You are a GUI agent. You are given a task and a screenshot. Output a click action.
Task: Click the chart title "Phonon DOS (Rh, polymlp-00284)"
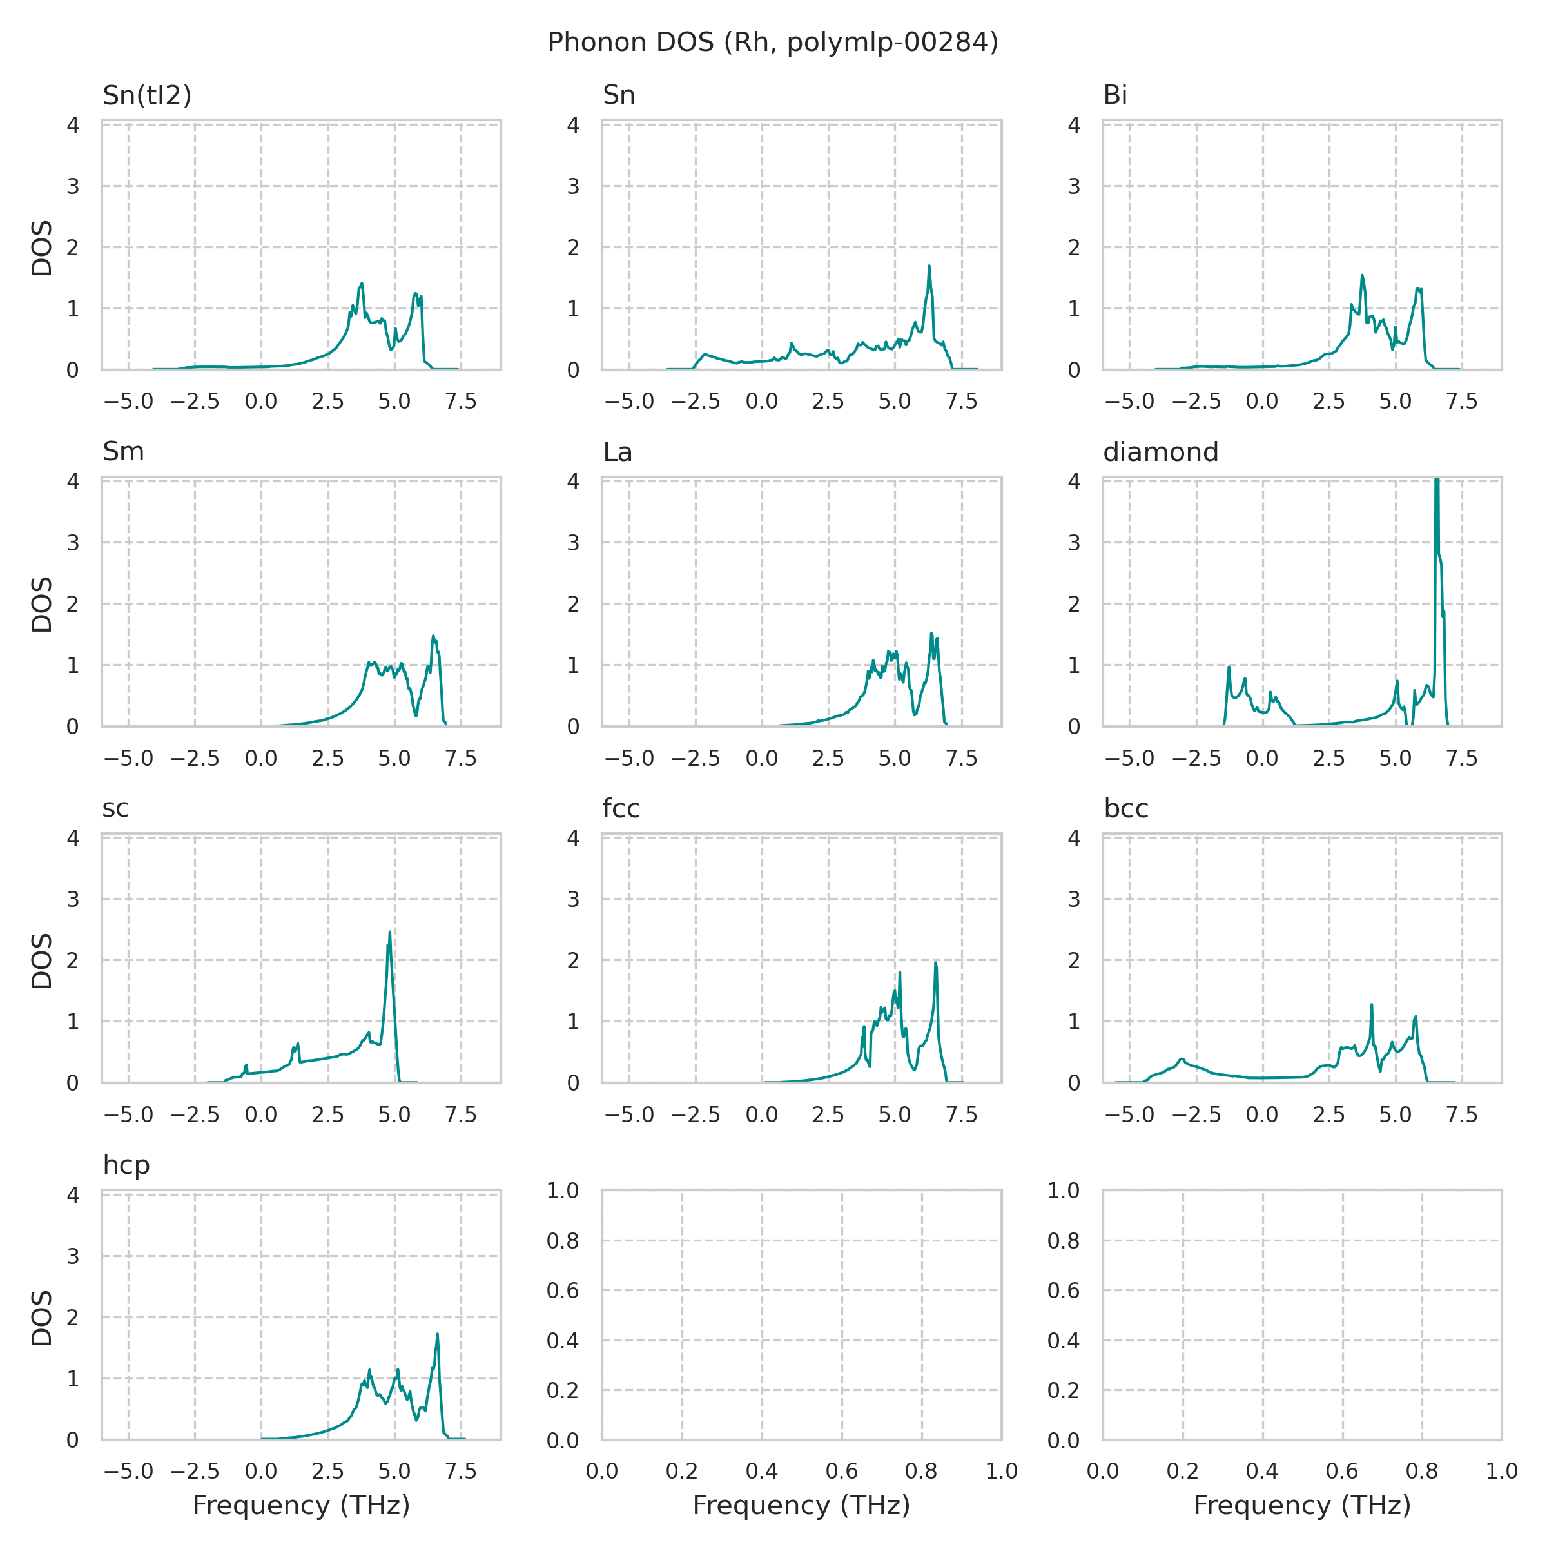pos(773,43)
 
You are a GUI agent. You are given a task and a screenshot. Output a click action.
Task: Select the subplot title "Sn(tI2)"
pos(148,95)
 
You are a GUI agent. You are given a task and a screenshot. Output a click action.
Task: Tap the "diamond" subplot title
pos(1160,452)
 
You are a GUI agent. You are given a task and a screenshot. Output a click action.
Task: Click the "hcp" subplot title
pos(126,1165)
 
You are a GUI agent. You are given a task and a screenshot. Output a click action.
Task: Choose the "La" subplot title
pos(618,452)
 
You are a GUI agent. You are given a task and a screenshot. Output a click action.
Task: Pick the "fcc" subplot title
pos(621,809)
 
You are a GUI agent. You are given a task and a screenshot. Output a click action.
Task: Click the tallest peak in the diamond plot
pos(1437,480)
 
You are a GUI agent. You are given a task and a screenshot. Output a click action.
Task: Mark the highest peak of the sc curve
pos(390,932)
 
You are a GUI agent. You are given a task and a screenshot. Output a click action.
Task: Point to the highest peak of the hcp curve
pos(437,1334)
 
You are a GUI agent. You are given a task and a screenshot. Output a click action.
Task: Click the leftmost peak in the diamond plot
pos(1229,667)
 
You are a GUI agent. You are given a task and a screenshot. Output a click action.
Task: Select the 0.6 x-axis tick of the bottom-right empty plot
pos(1342,1471)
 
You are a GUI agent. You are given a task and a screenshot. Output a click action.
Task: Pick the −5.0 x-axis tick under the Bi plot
pos(1129,401)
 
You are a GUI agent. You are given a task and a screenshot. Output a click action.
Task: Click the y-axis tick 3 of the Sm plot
pos(73,543)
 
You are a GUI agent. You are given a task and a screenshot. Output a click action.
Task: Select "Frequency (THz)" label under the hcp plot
pos(301,1505)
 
